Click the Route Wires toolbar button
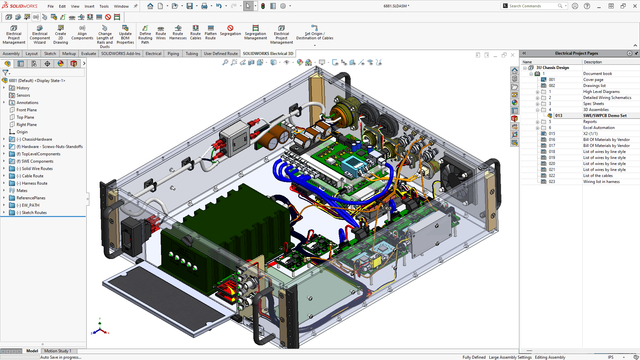[x=161, y=33]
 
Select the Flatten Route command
[x=210, y=33]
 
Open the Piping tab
[x=173, y=54]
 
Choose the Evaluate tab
[x=88, y=54]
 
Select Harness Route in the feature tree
[x=35, y=183]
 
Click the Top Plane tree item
[x=25, y=117]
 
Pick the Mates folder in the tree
[x=22, y=191]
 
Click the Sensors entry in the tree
[x=23, y=95]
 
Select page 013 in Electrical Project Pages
[x=559, y=116]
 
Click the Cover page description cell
[x=593, y=80]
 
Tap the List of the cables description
[x=598, y=176]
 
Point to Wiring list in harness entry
[x=601, y=182]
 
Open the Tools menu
[x=104, y=6]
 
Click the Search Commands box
[x=532, y=6]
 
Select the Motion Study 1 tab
[x=58, y=351]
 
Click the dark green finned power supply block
[x=220, y=233]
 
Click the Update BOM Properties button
[x=125, y=34]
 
